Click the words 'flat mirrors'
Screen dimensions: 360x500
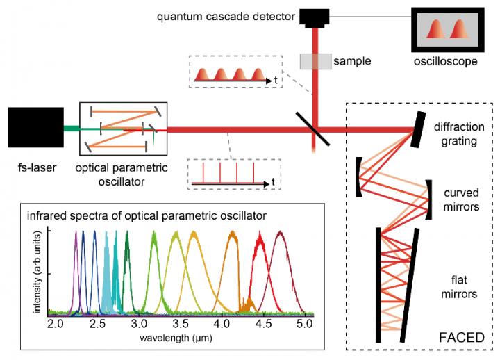[461, 286]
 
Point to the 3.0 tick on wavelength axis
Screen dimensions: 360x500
[139, 323]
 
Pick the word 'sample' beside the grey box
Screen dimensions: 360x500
[352, 61]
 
